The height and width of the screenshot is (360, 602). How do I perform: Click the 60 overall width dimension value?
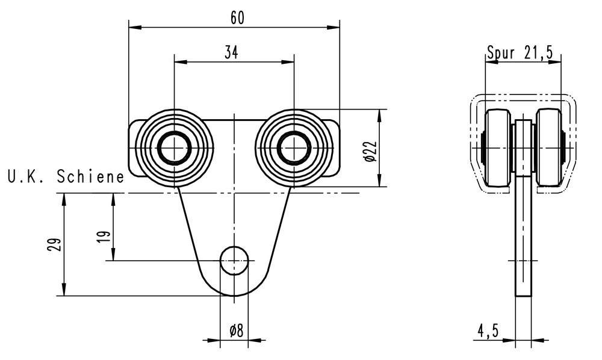tap(237, 17)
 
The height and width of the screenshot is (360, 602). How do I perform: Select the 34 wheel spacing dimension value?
tap(231, 53)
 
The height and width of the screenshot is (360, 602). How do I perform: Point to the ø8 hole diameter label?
tap(235, 330)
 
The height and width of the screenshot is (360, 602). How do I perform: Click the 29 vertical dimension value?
tap(55, 244)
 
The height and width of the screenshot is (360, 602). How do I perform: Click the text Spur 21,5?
tap(520, 53)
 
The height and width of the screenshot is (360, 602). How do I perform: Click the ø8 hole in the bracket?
tap(234, 260)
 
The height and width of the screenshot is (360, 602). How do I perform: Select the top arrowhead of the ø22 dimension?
tap(379, 113)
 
